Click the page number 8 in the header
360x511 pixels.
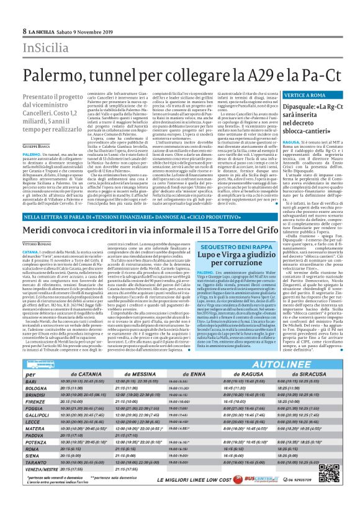tap(24, 31)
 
